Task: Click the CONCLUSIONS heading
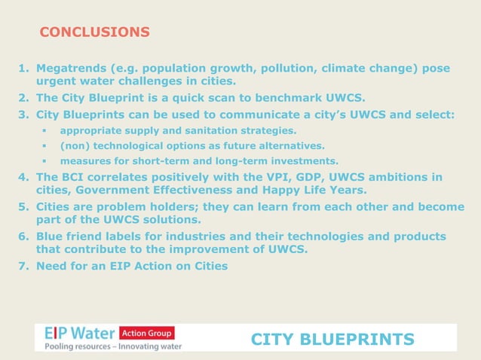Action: point(94,32)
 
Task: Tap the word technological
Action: point(133,145)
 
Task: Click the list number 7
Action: point(23,265)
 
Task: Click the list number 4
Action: point(23,177)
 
